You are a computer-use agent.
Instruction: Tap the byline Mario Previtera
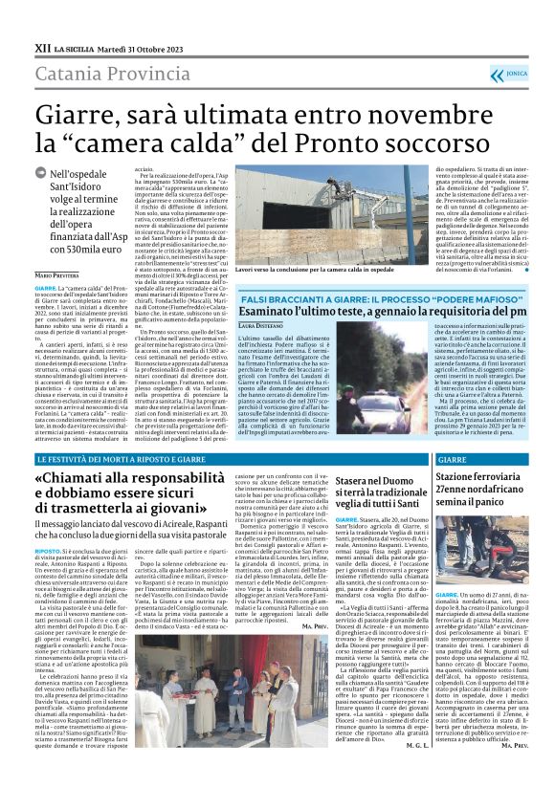58,275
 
